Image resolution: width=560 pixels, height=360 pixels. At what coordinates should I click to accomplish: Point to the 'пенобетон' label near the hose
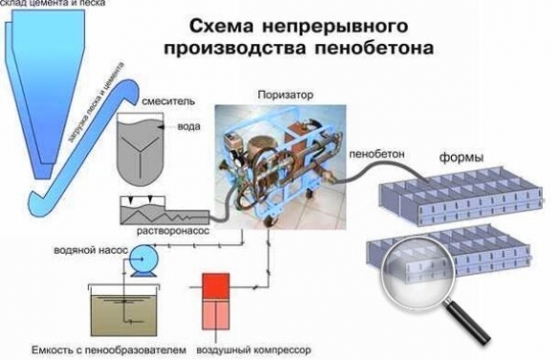(x=374, y=151)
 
